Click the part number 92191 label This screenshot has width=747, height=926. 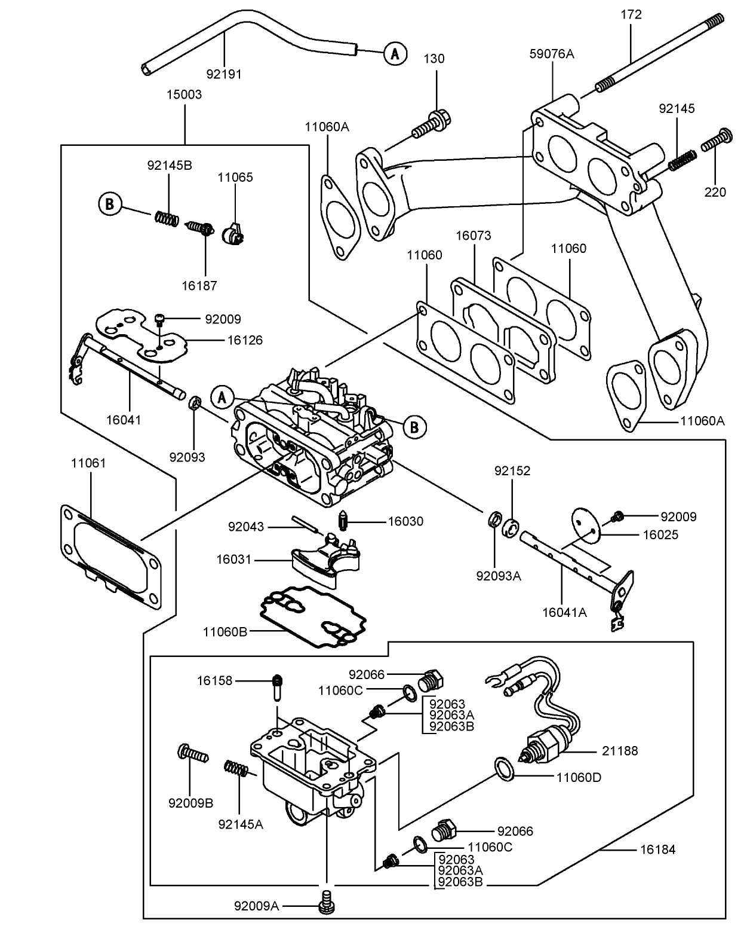[224, 74]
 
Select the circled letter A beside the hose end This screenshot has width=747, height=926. [394, 54]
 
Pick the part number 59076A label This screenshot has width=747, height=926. [551, 54]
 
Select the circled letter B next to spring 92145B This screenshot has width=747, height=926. [109, 204]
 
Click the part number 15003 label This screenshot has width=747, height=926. [184, 94]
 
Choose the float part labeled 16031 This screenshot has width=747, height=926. [325, 559]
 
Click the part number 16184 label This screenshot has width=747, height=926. [658, 849]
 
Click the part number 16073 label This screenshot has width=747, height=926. [474, 236]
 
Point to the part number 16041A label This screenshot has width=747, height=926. [564, 612]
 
